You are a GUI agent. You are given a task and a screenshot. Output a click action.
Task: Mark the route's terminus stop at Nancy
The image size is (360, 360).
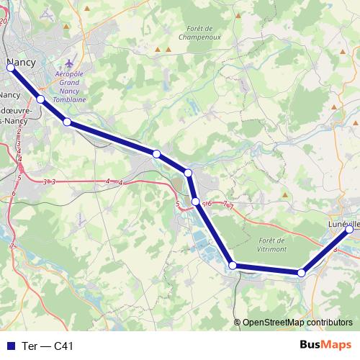tap(10, 68)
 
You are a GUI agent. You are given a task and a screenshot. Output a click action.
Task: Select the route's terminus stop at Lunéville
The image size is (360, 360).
tap(349, 230)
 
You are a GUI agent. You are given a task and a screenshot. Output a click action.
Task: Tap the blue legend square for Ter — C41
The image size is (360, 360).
tap(10, 346)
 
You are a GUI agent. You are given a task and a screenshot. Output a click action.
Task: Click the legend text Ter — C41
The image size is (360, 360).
tap(48, 346)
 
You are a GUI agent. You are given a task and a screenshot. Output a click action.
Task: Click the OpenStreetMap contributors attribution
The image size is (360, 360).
tap(297, 323)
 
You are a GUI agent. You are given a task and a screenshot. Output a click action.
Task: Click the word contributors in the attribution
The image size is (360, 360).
tap(328, 323)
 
